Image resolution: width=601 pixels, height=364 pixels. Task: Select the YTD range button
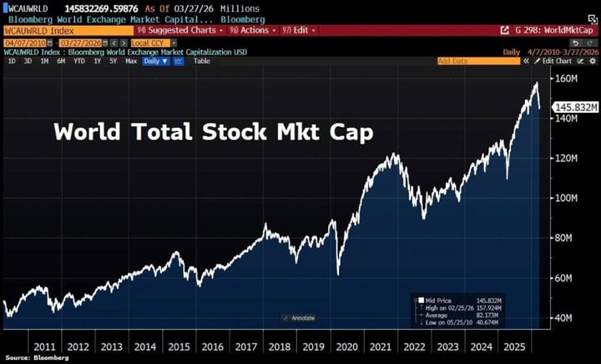(78, 61)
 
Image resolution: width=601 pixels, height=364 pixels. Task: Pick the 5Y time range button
(113, 61)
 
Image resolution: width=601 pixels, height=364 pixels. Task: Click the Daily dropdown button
(154, 61)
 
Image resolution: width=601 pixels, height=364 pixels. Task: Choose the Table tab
(202, 61)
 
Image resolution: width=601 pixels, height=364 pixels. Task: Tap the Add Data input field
(467, 61)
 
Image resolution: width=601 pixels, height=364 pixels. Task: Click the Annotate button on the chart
(300, 318)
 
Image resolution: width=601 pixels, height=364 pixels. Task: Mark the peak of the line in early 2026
(535, 83)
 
